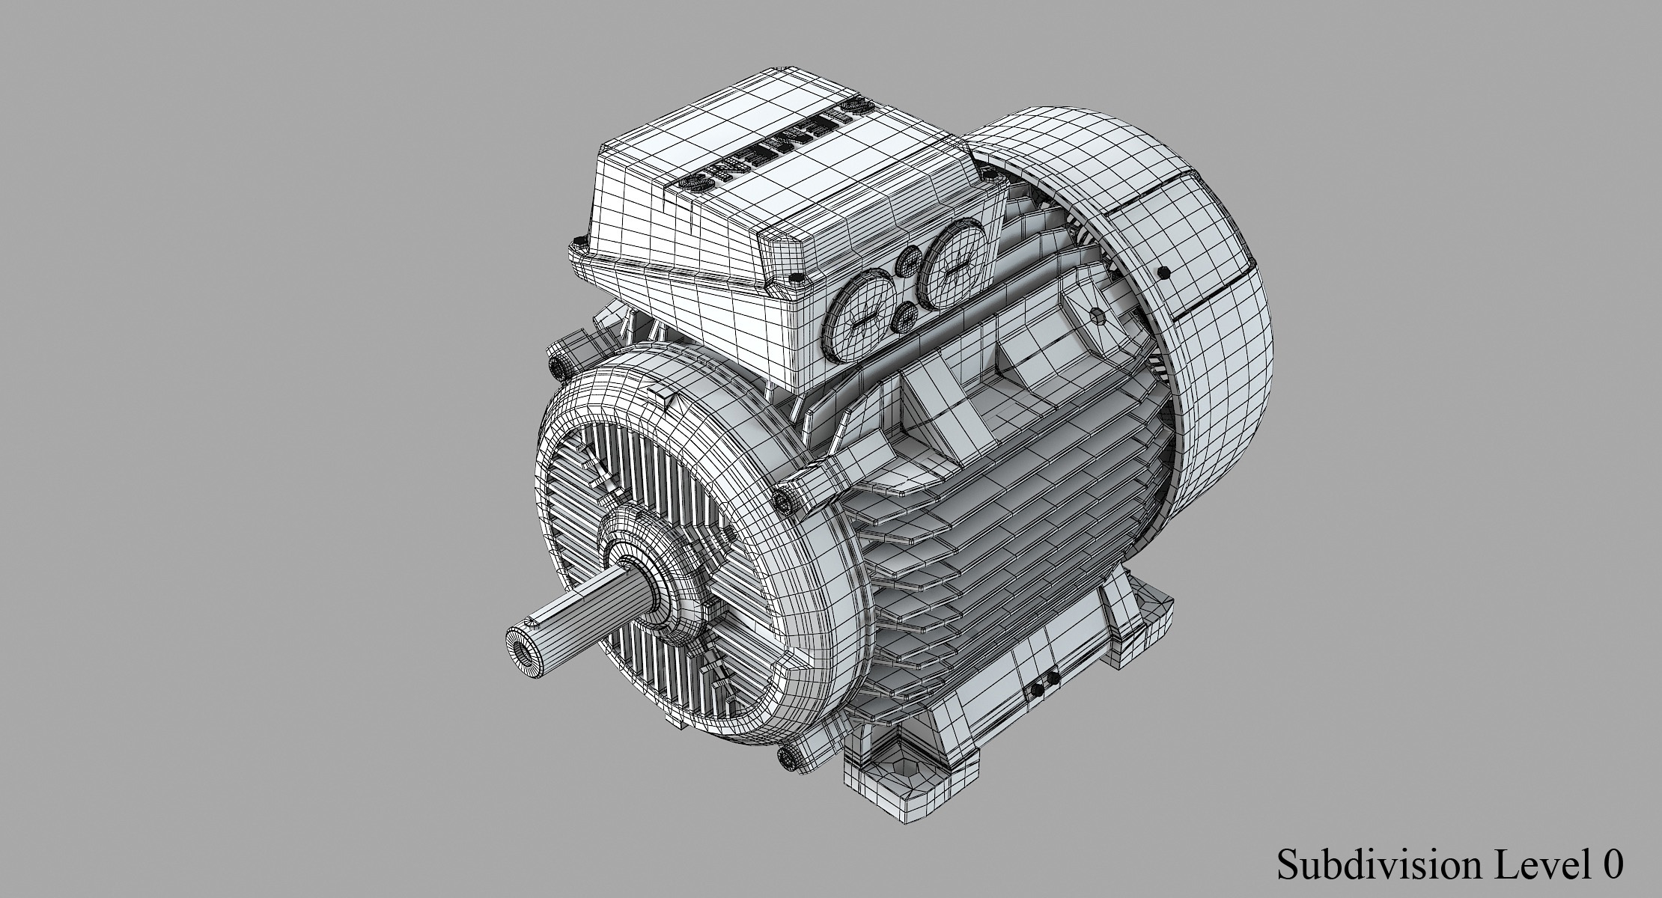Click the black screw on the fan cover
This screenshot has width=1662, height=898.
[1163, 273]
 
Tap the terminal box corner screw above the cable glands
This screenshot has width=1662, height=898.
[794, 280]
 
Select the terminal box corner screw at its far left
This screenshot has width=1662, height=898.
[576, 244]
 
